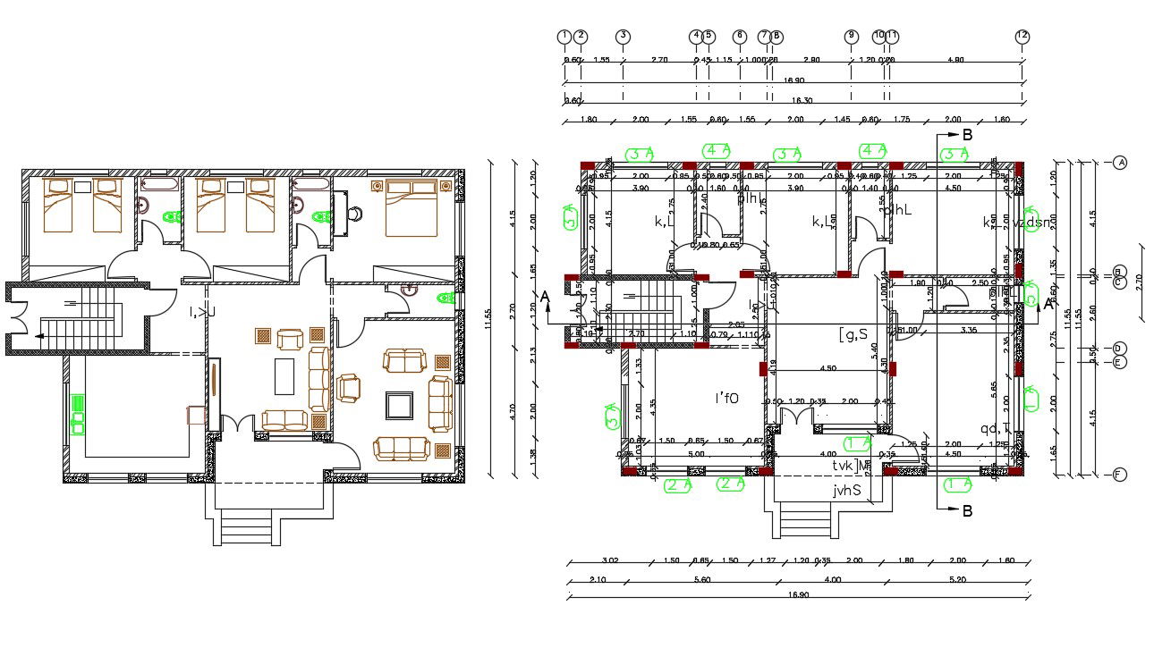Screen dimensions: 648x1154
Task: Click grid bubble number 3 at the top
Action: (x=624, y=37)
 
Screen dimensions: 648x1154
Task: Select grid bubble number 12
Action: (x=1022, y=37)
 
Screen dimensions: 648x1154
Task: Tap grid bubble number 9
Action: (x=851, y=37)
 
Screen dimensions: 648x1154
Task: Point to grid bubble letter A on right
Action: (x=1119, y=163)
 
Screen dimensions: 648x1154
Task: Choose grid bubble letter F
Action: (x=1119, y=475)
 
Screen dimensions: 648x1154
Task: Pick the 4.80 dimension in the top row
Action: (x=955, y=60)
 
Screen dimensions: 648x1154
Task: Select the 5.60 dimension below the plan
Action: (x=701, y=579)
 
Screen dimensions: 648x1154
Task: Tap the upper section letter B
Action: (x=966, y=135)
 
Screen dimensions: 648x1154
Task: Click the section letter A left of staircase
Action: (x=543, y=296)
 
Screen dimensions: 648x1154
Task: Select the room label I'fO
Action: (x=725, y=399)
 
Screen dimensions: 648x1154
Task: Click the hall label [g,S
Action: (x=853, y=334)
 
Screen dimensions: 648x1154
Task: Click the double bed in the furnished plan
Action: (x=412, y=207)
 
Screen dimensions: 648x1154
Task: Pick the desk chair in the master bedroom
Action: (x=355, y=214)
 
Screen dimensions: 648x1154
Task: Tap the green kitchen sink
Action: (x=78, y=414)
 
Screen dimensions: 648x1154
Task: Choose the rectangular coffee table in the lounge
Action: (x=284, y=375)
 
